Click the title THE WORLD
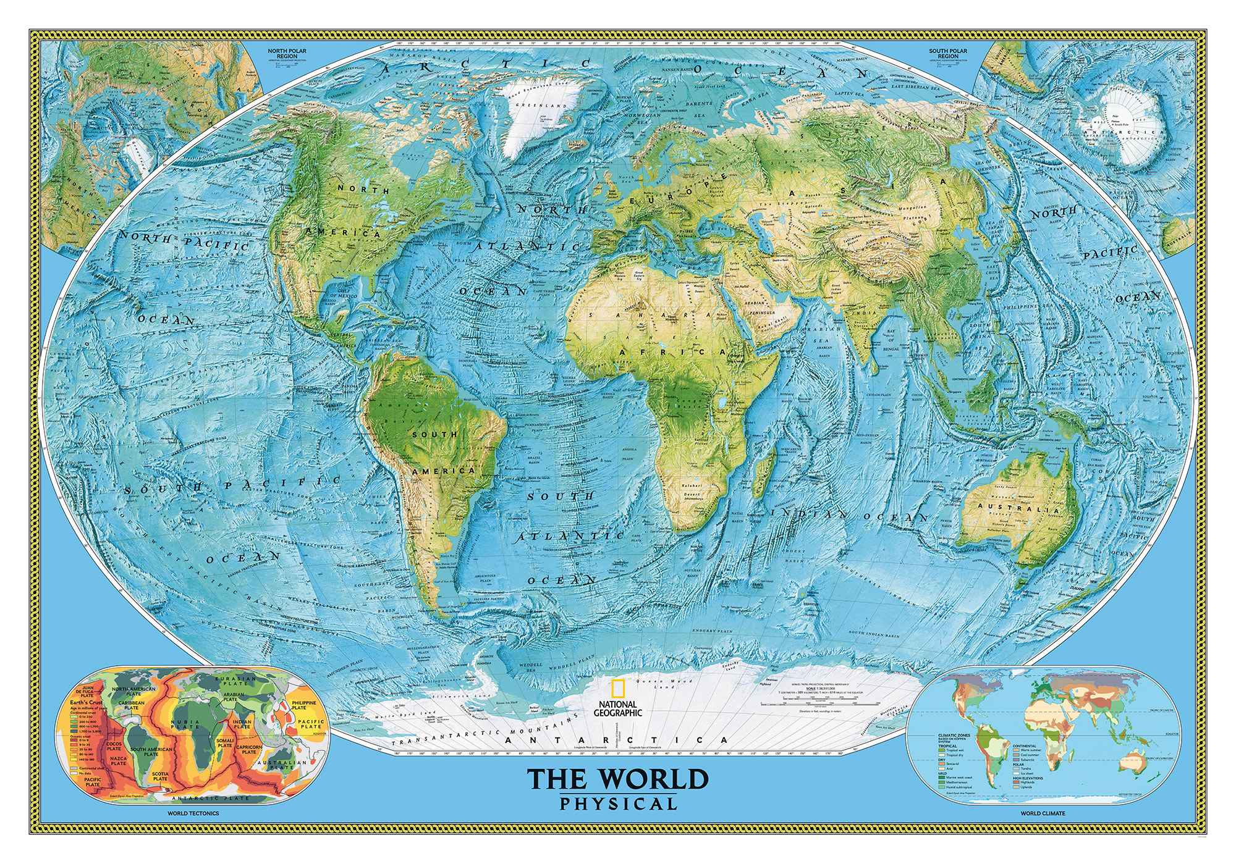click(617, 779)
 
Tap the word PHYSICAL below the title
click(617, 804)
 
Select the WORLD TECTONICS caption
click(193, 814)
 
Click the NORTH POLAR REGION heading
click(283, 52)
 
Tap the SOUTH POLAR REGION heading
click(947, 52)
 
